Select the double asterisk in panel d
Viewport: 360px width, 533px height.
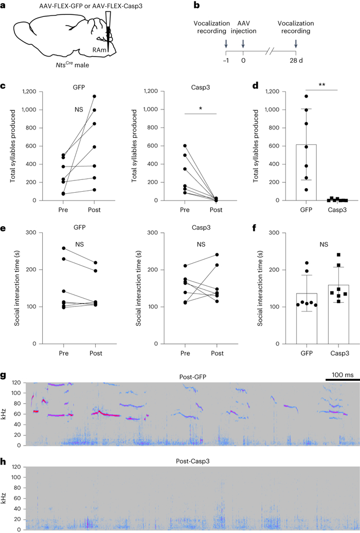click(x=321, y=84)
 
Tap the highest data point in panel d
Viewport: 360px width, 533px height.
click(x=307, y=96)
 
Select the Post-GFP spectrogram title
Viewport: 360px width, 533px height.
click(x=186, y=362)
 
